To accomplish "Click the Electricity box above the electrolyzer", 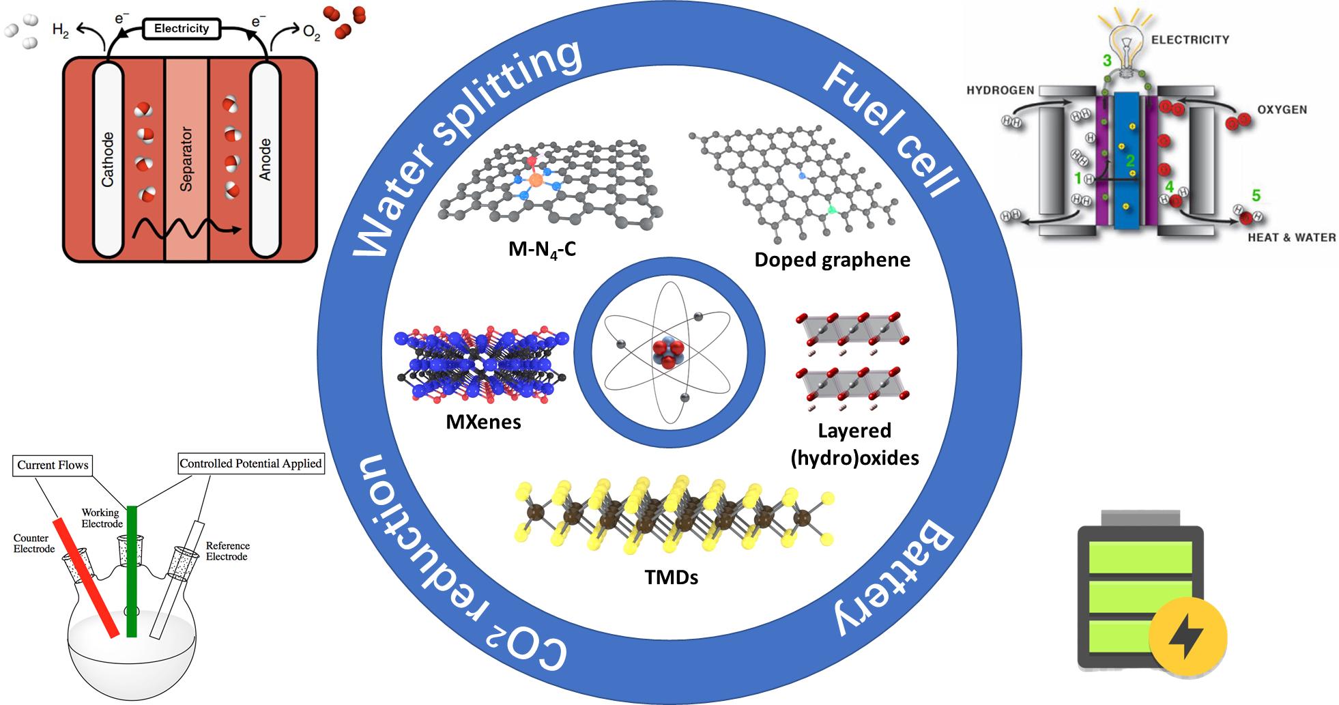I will tap(181, 29).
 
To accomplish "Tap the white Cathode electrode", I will tap(108, 160).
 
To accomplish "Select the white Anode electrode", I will tap(265, 160).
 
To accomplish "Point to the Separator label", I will tap(186, 159).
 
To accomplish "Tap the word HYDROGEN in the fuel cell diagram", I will tap(1000, 90).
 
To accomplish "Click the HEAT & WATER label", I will tap(1291, 238).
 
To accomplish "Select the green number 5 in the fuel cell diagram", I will tap(1256, 196).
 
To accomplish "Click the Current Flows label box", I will tap(53, 465).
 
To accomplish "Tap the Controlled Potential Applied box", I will tap(250, 464).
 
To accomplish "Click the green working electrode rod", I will tap(132, 571).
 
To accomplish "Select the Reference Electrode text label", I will tap(227, 551).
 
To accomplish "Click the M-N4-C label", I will tap(542, 250).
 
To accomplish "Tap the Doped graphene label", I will tap(832, 259).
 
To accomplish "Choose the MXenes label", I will tap(483, 422).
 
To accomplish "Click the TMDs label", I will tap(672, 577).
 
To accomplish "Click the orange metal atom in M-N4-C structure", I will tap(536, 180).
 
